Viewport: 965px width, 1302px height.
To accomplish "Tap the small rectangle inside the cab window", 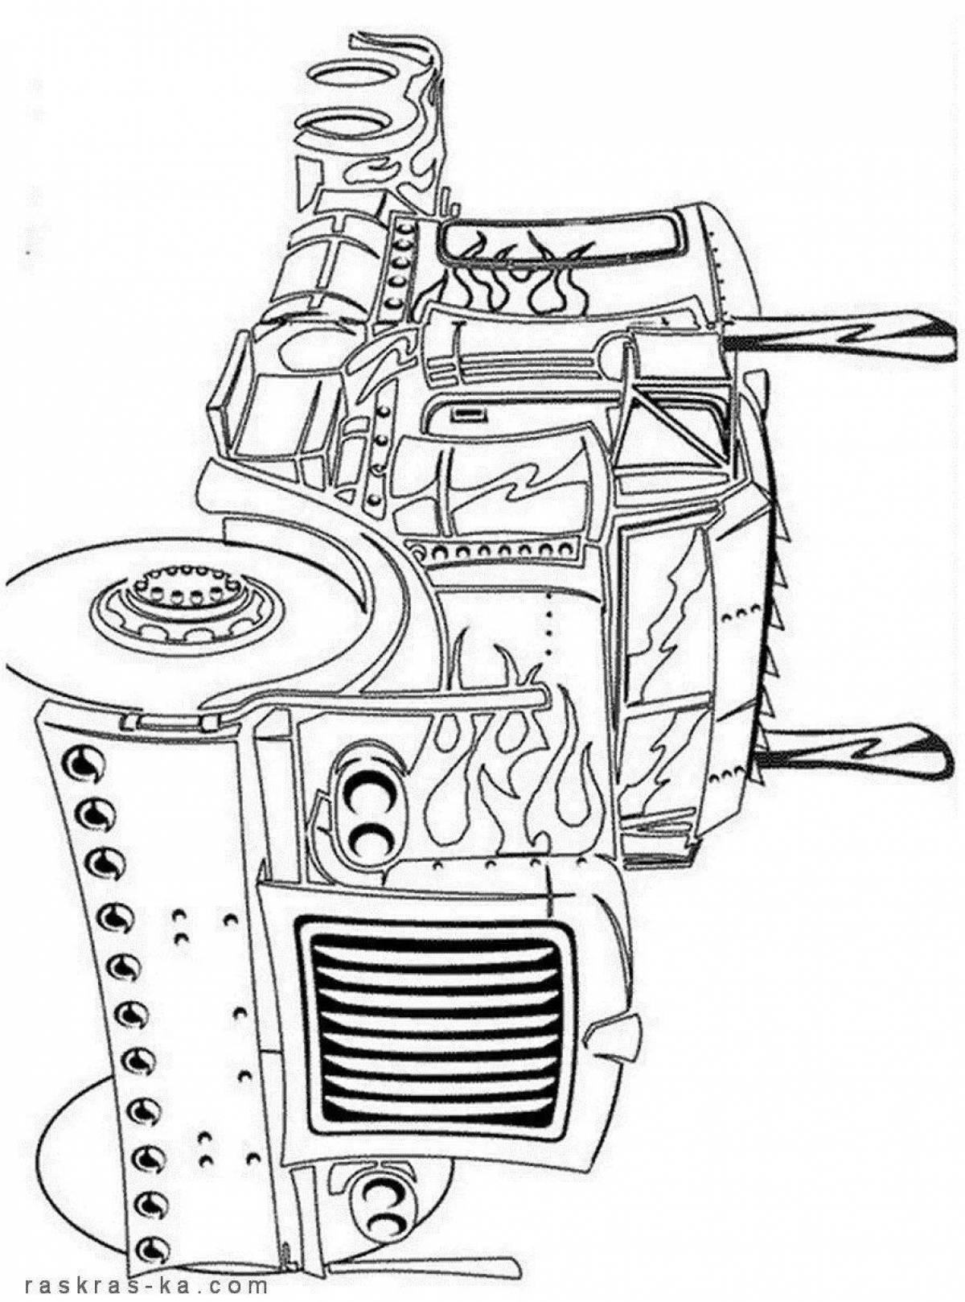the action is pos(473,414).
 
